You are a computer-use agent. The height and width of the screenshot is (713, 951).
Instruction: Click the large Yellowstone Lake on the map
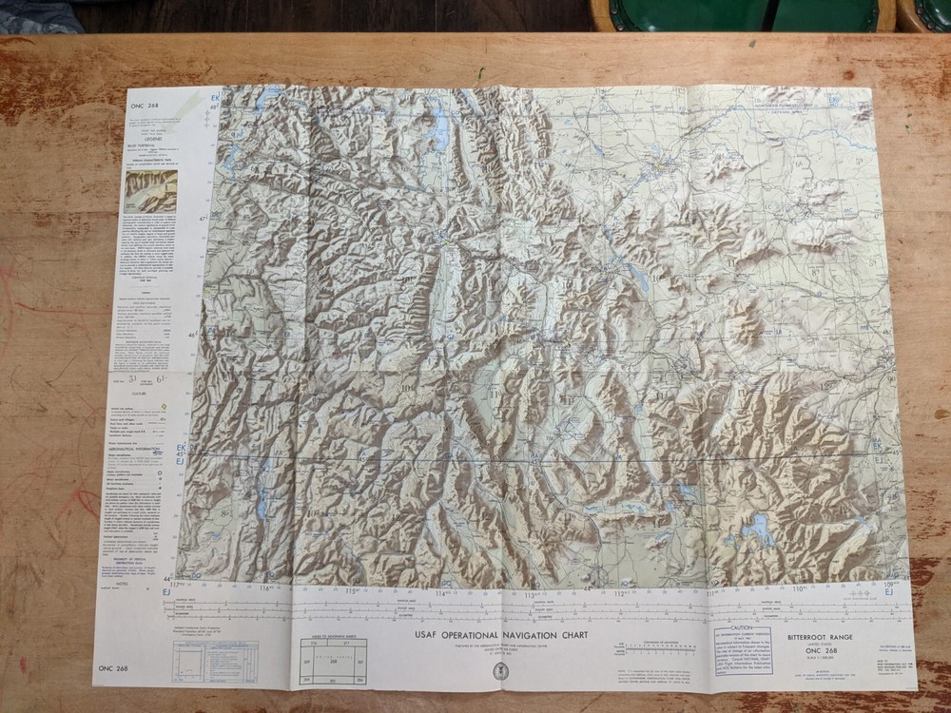pos(758,529)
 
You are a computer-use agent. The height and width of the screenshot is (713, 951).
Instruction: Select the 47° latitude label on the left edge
pos(202,219)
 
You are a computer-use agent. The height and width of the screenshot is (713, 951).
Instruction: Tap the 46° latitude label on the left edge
pos(192,335)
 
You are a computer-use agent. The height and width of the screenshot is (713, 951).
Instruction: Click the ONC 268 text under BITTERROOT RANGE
pos(806,649)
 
